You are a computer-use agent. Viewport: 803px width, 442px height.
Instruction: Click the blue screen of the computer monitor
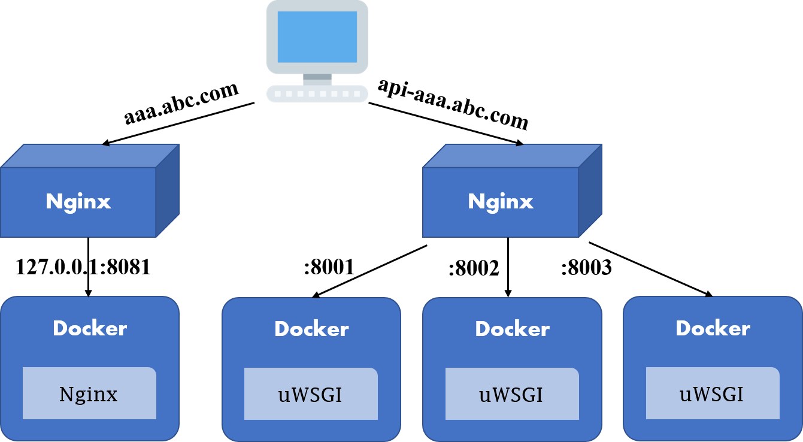tap(317, 36)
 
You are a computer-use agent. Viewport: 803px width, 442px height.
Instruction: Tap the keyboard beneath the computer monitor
tap(317, 93)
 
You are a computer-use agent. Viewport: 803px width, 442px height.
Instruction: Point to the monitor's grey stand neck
tap(317, 78)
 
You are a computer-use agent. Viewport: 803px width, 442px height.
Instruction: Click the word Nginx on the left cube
tap(78, 202)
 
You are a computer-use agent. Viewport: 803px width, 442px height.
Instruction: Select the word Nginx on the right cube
tap(501, 202)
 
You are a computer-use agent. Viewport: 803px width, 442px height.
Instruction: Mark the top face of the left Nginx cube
tap(90, 156)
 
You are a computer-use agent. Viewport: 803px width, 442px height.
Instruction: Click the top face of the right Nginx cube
tap(512, 156)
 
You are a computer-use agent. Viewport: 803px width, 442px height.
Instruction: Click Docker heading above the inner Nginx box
tap(90, 328)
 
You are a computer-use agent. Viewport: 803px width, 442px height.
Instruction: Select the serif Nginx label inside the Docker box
tap(89, 394)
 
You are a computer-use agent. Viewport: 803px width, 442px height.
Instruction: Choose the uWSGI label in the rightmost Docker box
tap(712, 394)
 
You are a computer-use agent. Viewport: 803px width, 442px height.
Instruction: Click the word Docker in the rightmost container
tap(713, 328)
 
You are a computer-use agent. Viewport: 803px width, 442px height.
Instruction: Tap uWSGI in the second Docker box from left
tap(310, 395)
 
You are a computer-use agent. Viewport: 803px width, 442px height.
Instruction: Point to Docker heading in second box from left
tap(311, 329)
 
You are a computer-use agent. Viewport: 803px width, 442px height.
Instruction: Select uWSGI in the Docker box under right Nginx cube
tap(511, 395)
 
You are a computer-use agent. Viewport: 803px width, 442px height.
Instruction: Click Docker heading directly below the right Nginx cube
tap(512, 329)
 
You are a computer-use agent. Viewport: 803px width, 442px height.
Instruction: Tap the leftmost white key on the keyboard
tap(277, 94)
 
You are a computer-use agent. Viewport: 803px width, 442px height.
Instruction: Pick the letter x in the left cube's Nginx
tap(104, 202)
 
